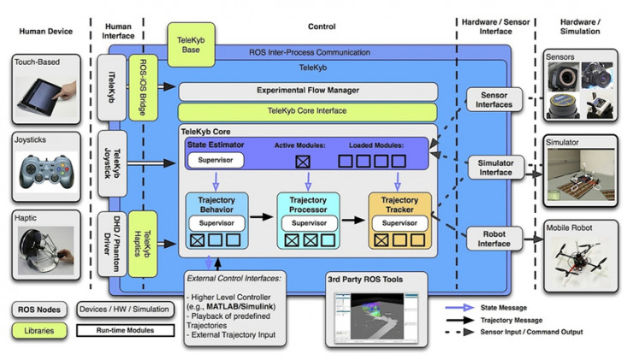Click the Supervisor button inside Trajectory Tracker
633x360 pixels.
coord(399,223)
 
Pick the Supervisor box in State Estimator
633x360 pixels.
coord(216,160)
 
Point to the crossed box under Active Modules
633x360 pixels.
coord(302,161)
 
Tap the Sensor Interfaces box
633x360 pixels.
coord(496,99)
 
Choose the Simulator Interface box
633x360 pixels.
coord(496,168)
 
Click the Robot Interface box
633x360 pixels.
coord(496,237)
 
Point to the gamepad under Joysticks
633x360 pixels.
coord(47,168)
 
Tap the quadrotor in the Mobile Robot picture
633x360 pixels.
coord(577,255)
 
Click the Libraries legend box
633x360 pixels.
coord(39,328)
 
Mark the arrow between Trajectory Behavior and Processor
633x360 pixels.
coord(262,219)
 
